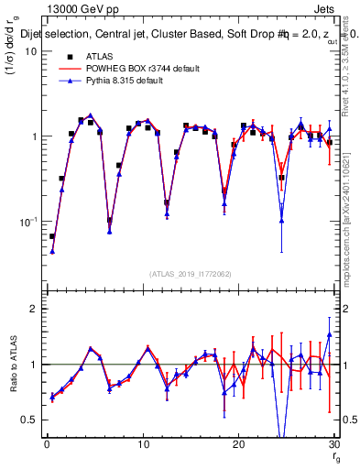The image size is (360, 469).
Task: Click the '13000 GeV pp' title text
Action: (x=82, y=8)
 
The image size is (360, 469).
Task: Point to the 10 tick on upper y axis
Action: (x=31, y=51)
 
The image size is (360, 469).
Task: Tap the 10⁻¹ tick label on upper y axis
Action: (x=27, y=222)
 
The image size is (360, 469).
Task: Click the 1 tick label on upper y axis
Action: (x=34, y=136)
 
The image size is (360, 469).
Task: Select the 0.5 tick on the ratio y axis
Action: (x=30, y=420)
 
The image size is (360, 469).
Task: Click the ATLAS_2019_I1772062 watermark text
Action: (x=191, y=274)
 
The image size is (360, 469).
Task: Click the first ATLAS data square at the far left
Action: (x=52, y=236)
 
